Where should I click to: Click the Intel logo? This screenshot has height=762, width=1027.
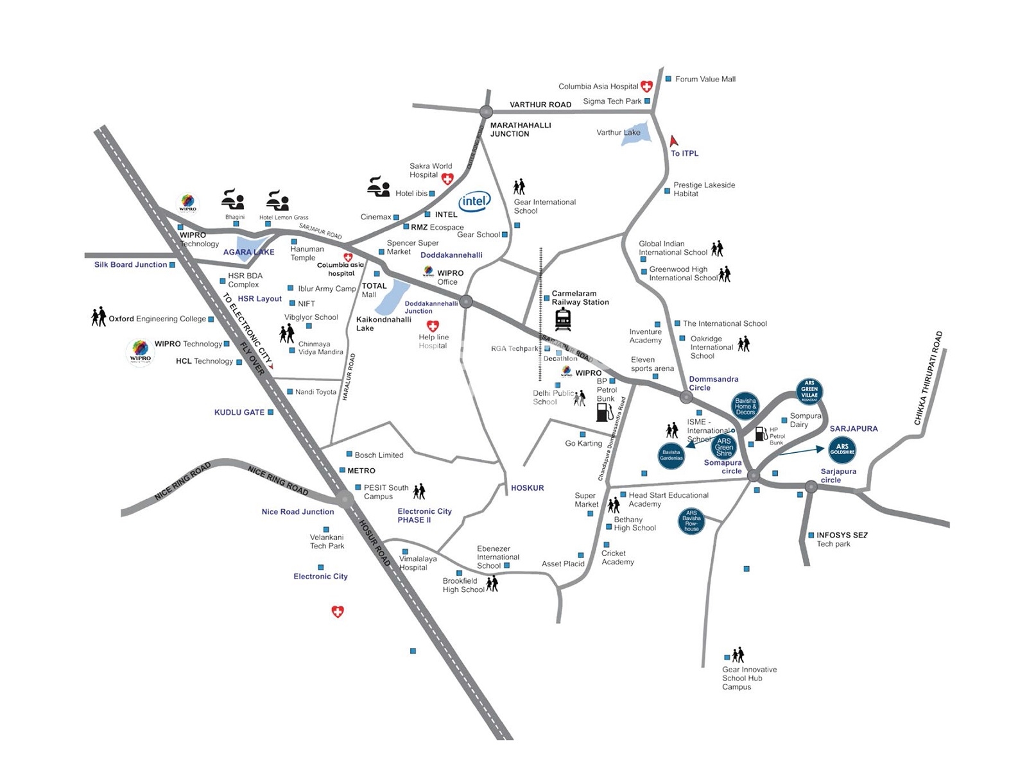[x=474, y=201]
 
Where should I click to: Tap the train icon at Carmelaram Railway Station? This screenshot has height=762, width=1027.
[x=563, y=319]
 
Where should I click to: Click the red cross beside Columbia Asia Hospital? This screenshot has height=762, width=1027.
[x=646, y=87]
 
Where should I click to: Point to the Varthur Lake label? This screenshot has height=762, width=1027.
[x=618, y=133]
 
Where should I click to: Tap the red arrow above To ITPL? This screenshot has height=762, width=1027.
[x=673, y=141]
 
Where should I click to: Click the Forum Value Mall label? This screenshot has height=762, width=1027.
[x=705, y=79]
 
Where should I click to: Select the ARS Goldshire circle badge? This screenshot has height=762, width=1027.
[x=842, y=450]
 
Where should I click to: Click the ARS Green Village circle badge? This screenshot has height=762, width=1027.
[x=809, y=391]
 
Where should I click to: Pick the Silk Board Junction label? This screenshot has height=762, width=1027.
[x=130, y=264]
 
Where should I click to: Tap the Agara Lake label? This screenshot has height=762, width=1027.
[x=248, y=252]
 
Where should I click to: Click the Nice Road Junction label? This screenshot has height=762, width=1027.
[x=297, y=512]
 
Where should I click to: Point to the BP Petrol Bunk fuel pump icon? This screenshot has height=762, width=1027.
[x=604, y=412]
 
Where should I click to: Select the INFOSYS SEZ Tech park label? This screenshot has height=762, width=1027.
[x=841, y=539]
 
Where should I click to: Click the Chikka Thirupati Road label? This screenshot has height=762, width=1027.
[x=928, y=378]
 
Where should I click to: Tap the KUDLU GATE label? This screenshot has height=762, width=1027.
[x=239, y=412]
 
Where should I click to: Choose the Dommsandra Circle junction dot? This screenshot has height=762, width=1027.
[x=686, y=398]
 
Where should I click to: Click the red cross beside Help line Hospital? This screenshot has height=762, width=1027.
[x=433, y=326]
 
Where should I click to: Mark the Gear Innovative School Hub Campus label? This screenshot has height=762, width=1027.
[x=748, y=678]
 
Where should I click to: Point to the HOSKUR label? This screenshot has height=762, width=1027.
[x=527, y=488]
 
